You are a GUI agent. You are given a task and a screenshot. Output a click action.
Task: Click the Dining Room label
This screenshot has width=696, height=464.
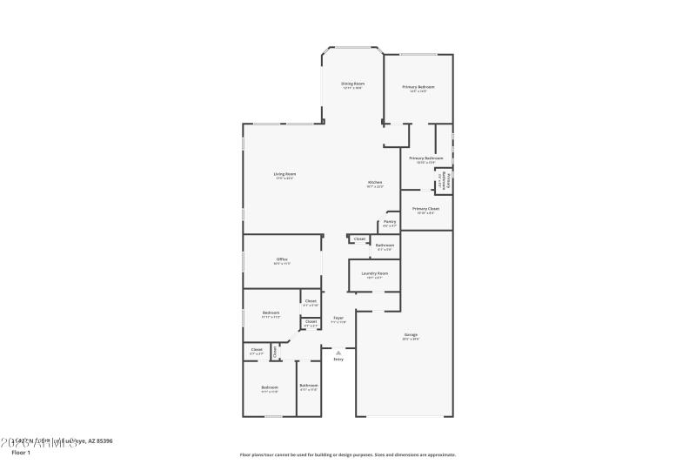(352, 83)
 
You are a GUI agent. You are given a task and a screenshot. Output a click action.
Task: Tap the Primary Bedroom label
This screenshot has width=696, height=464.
(418, 87)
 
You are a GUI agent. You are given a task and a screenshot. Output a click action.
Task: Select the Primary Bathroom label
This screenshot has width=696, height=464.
(420, 158)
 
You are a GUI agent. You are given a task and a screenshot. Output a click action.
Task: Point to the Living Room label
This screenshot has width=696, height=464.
(284, 173)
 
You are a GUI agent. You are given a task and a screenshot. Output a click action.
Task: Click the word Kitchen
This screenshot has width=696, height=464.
(375, 182)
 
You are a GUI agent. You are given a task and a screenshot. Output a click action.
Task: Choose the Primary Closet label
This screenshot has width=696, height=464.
(425, 208)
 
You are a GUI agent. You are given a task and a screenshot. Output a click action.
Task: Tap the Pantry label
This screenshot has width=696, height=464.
(390, 221)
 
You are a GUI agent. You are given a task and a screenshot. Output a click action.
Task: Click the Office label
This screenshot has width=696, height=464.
(282, 259)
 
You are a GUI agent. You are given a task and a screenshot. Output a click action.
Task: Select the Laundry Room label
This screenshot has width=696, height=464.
(375, 272)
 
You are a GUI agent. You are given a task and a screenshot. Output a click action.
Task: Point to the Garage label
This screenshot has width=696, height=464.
(411, 334)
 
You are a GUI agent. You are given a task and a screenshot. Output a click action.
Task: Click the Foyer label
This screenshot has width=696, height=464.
(338, 318)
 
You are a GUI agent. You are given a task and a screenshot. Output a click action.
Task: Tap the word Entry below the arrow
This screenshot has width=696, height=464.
(338, 359)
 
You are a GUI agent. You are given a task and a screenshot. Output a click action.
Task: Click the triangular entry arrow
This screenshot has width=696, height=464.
(338, 352)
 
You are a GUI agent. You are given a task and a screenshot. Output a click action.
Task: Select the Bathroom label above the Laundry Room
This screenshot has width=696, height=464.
(385, 245)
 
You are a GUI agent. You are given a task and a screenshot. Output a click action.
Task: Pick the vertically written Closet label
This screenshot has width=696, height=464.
(275, 352)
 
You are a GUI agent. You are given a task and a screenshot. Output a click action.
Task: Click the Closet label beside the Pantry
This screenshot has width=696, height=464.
(359, 239)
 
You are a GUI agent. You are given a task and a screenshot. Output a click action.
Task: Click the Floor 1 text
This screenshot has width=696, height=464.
(21, 453)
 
